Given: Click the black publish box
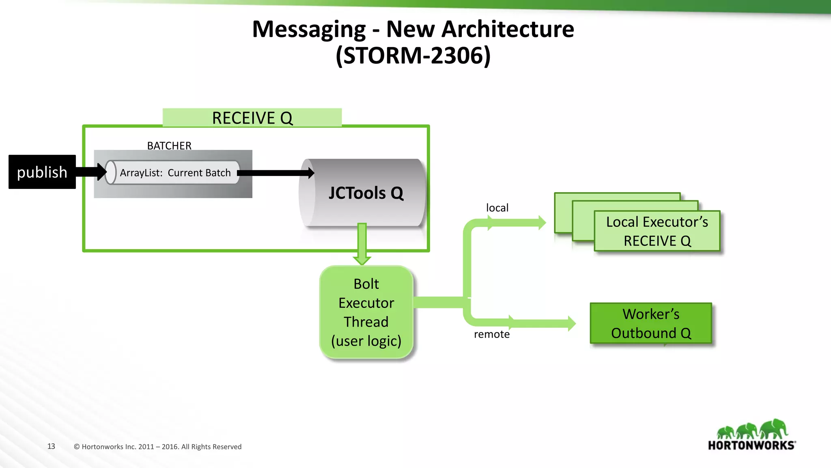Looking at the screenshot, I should [42, 172].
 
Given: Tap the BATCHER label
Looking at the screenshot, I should [169, 145].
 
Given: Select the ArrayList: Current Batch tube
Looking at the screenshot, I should [174, 173].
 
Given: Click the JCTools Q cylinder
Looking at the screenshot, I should [365, 193].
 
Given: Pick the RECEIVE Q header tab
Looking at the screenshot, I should [252, 118].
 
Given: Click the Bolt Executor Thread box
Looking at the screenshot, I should [366, 312].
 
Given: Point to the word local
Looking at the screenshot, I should [497, 208].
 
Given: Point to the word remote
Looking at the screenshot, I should [491, 334].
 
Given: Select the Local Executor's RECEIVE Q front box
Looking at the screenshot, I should [657, 231].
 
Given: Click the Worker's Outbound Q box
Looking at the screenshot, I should [651, 323].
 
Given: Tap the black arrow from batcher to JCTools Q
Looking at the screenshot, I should [276, 173].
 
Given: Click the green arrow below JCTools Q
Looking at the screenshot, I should [362, 244].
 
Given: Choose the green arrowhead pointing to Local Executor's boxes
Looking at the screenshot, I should [541, 222].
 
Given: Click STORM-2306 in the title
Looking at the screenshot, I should [413, 55].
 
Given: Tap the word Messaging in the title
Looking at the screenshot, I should [309, 29].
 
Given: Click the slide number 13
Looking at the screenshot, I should [51, 446].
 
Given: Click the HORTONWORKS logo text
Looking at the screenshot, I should [751, 445].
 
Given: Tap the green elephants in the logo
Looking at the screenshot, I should [752, 429].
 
